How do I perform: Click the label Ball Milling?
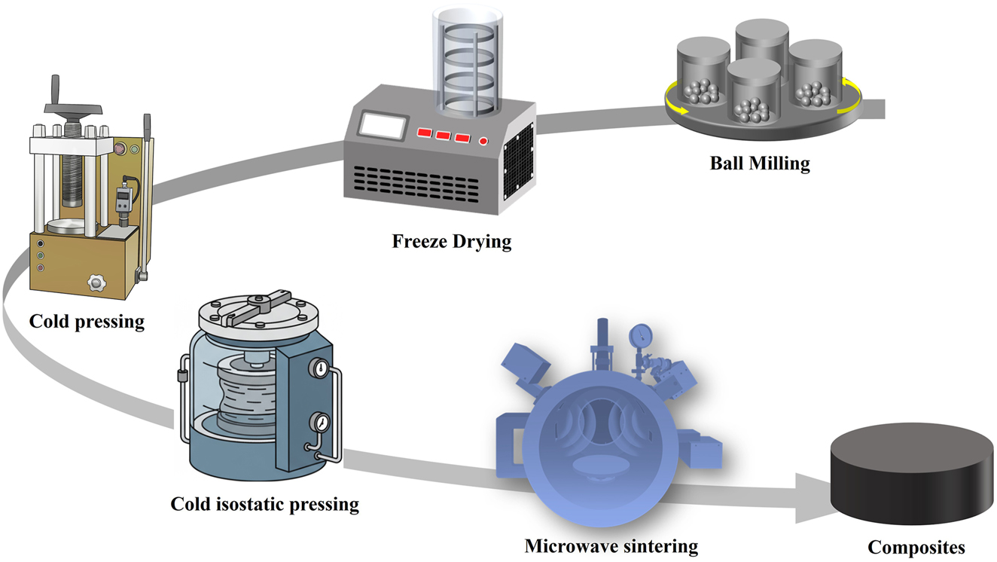(x=760, y=163)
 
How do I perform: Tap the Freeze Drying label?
(x=451, y=242)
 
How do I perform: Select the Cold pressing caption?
(x=87, y=321)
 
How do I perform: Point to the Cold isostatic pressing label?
(x=264, y=503)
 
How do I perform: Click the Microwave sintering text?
(x=611, y=545)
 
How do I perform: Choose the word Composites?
(x=916, y=547)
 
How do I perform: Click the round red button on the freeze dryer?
(x=483, y=141)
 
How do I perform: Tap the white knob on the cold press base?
(x=95, y=283)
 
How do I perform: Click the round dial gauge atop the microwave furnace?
(x=642, y=332)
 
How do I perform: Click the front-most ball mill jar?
(x=753, y=92)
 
